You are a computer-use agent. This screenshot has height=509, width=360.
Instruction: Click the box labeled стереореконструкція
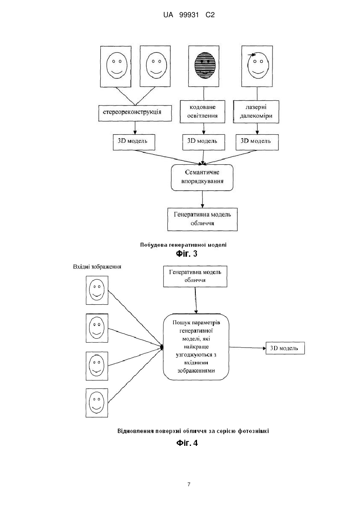tap(135, 113)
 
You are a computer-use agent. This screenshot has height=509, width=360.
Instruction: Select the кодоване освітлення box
tap(202, 112)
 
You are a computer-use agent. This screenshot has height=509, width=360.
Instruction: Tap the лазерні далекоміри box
tap(256, 112)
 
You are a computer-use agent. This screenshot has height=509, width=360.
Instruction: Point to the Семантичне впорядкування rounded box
tap(202, 178)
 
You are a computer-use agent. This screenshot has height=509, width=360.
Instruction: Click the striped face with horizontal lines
tap(205, 66)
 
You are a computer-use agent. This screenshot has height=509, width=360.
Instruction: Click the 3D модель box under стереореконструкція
tap(134, 142)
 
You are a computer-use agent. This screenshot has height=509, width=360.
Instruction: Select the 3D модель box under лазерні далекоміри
tap(257, 142)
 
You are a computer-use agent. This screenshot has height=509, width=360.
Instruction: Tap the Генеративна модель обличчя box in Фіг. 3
tap(203, 219)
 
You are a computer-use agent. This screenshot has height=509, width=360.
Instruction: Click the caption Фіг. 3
tap(187, 254)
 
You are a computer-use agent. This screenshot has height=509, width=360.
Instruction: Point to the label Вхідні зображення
tap(97, 267)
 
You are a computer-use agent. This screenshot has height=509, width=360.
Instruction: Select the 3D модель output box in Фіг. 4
tap(285, 348)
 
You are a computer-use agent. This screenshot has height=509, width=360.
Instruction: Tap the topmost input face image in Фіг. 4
tap(97, 290)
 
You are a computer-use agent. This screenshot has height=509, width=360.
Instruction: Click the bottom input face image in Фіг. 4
tap(97, 403)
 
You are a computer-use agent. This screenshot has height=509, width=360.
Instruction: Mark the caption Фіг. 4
tap(187, 443)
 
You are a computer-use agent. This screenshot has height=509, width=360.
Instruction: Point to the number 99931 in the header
tap(189, 15)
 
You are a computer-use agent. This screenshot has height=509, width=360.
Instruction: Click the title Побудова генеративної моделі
tap(183, 245)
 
